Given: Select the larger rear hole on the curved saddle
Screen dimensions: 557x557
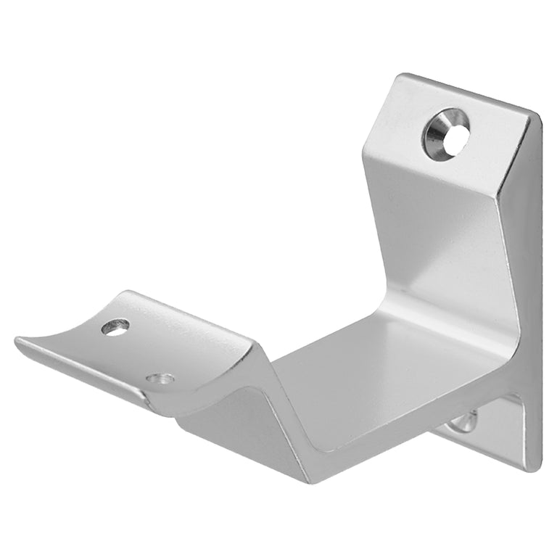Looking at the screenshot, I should click(x=115, y=327).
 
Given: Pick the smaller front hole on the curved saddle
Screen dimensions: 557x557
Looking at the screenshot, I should click(x=160, y=379).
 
